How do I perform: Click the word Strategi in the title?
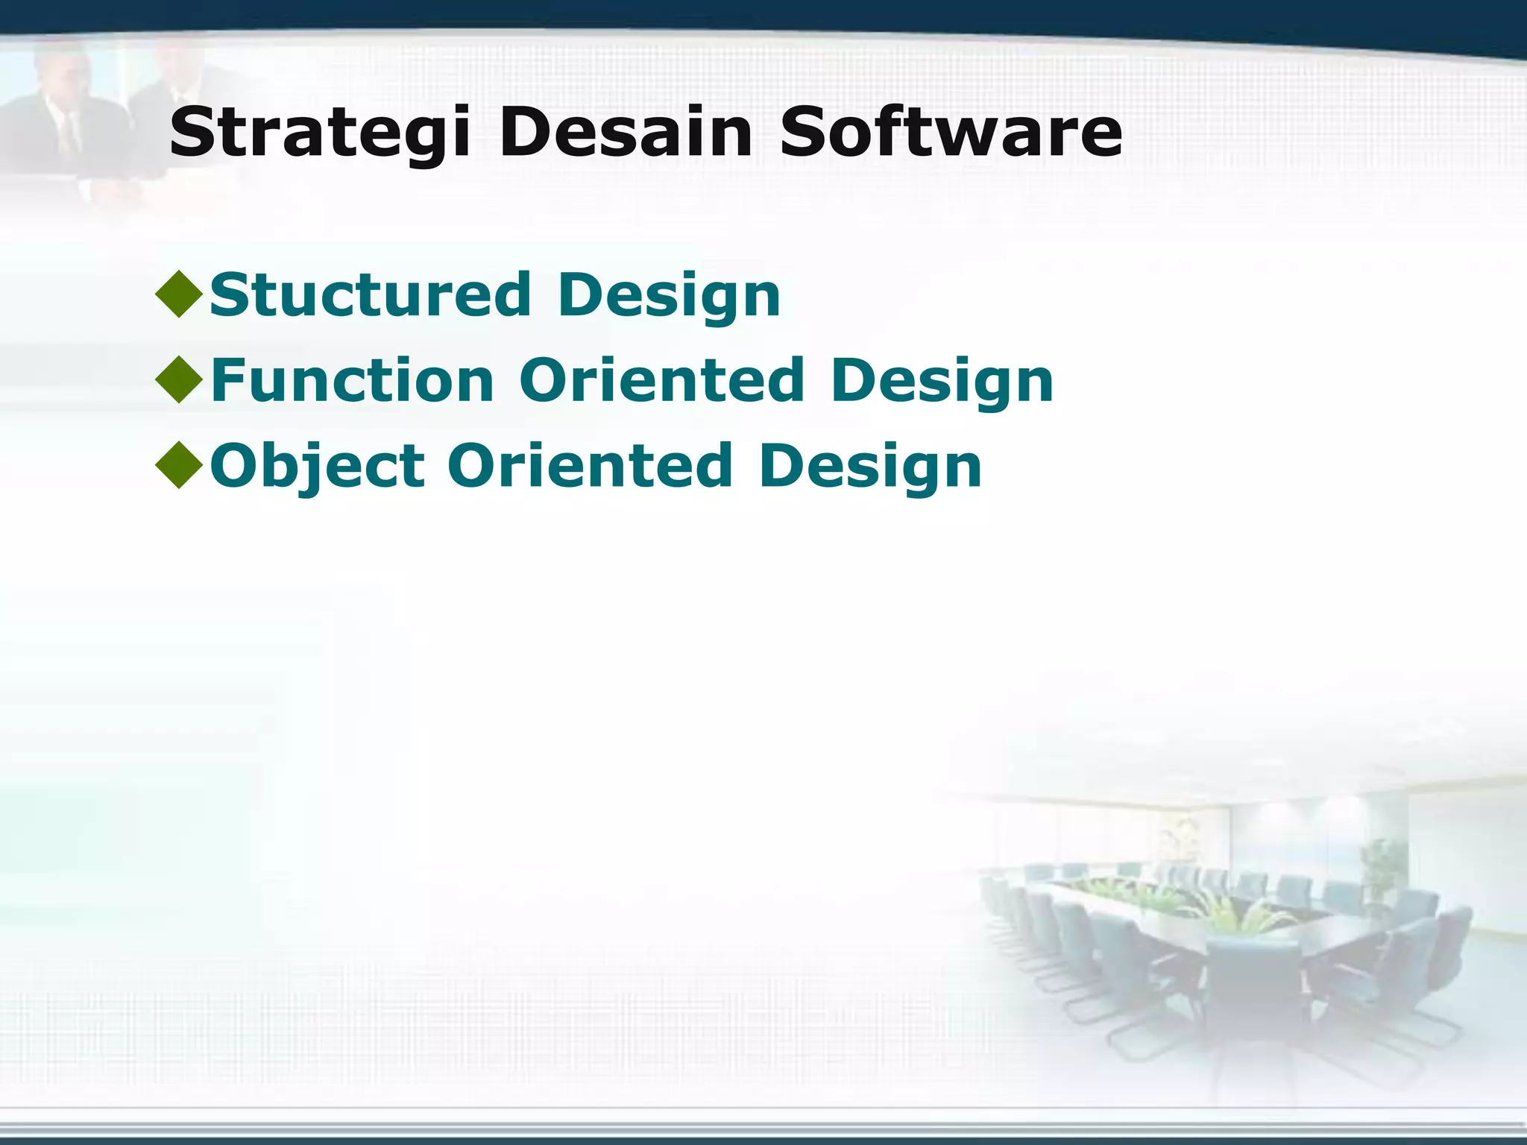point(319,133)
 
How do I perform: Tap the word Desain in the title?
point(625,133)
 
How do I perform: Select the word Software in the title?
point(950,133)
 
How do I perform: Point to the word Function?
point(352,381)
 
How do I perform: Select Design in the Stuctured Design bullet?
point(669,295)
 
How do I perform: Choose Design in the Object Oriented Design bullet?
point(870,467)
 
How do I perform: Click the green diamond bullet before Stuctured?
point(179,294)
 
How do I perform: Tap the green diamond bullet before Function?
point(179,379)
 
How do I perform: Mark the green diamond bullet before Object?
point(179,465)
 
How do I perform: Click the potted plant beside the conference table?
point(1383,868)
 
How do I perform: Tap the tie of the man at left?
point(69,134)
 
